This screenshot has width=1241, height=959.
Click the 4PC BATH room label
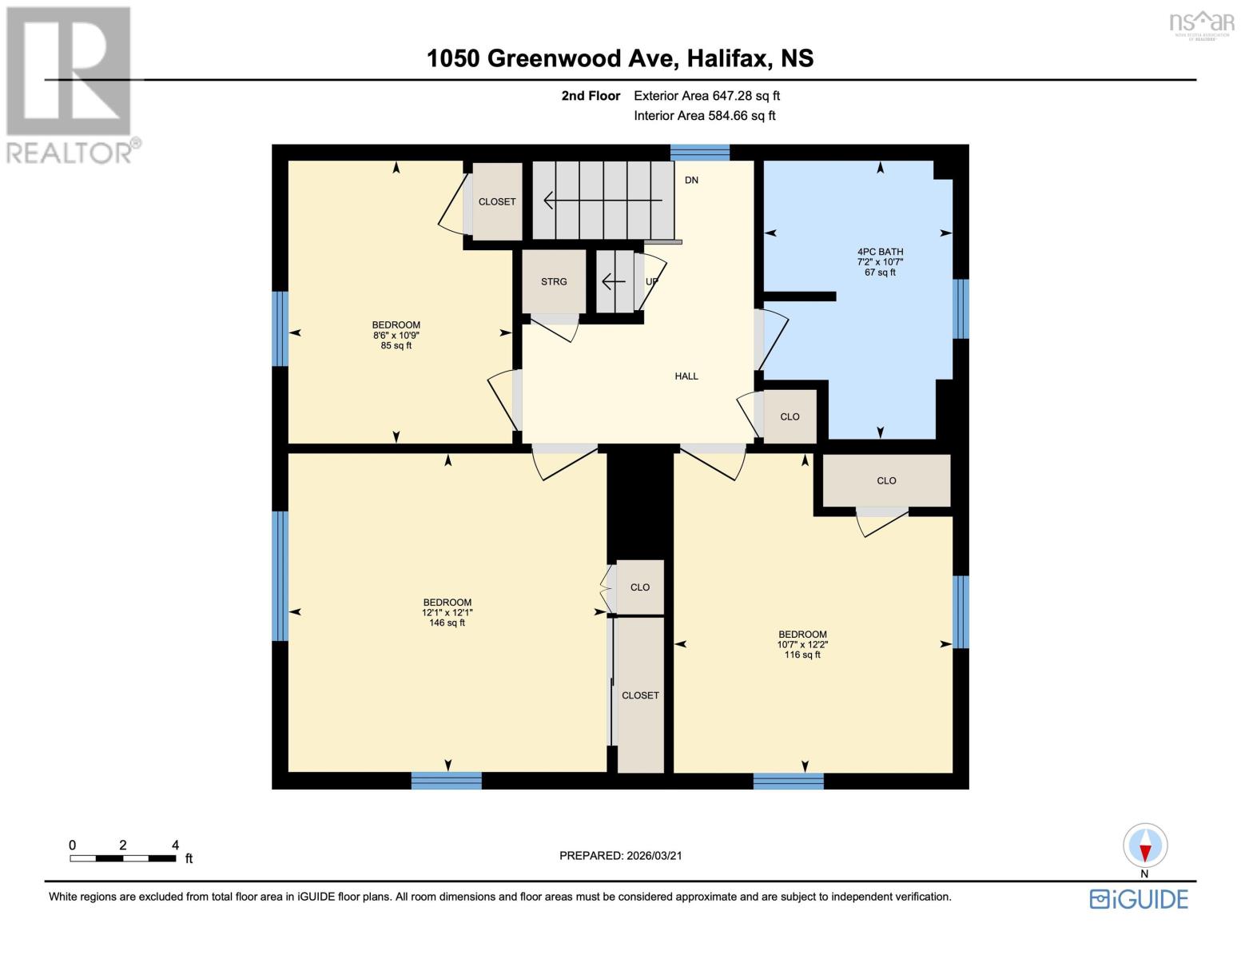[x=880, y=252]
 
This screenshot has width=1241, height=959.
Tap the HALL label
[x=686, y=376]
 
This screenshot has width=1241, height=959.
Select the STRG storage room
[x=553, y=281]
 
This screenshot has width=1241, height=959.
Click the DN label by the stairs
[x=691, y=181]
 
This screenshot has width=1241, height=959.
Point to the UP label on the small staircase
[x=651, y=282]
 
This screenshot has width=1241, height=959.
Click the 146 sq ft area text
[x=447, y=623]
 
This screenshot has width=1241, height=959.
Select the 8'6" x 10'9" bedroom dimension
[x=396, y=336]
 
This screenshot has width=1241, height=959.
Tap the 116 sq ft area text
[x=801, y=655]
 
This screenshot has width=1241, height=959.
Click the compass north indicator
[x=1145, y=846]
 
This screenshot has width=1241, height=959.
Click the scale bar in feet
[x=123, y=858]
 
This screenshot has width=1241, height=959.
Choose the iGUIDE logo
[x=1139, y=899]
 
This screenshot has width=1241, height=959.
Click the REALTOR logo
[x=70, y=84]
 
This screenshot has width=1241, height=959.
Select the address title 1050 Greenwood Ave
[x=619, y=58]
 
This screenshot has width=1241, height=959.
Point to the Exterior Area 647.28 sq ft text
[x=706, y=96]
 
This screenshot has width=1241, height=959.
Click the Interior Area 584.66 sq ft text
[x=704, y=116]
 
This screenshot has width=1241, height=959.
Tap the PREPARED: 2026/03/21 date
[x=620, y=856]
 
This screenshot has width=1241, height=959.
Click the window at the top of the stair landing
[x=699, y=152]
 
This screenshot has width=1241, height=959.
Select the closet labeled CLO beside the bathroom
[x=790, y=416]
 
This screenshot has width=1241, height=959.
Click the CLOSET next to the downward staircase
[x=496, y=201]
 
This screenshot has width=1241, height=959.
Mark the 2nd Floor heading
[x=591, y=96]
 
